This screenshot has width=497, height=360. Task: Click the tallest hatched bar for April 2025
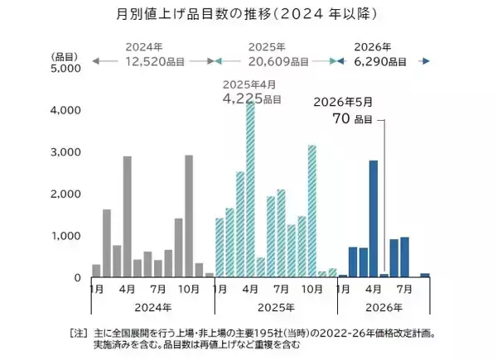point(250,189)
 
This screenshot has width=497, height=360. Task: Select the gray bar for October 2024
point(189,216)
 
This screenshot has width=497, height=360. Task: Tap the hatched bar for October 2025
point(311,211)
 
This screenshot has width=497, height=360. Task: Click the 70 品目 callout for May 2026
point(348,118)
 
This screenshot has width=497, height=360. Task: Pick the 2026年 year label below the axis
point(384,307)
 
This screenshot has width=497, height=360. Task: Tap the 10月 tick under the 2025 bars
point(311,290)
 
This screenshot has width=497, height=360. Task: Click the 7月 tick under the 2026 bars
point(404,290)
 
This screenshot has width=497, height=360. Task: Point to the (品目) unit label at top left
point(64,55)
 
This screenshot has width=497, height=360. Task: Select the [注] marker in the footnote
point(77,333)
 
